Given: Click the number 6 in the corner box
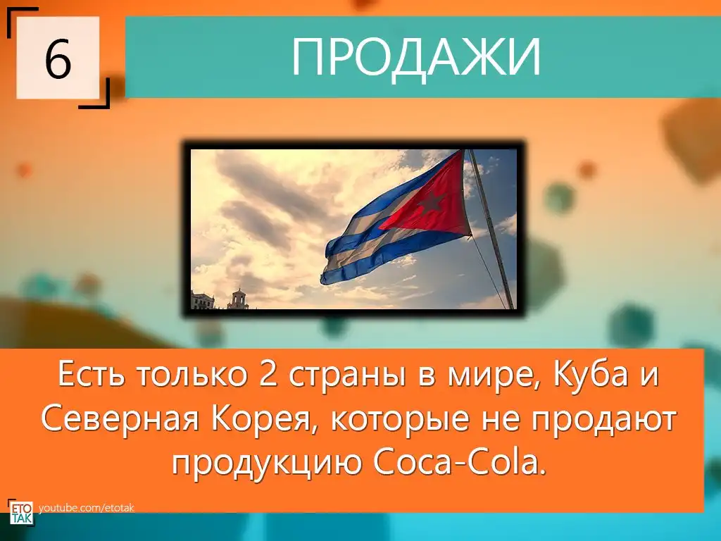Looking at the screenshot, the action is [x=58, y=59].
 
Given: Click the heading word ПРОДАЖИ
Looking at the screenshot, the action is [x=416, y=57].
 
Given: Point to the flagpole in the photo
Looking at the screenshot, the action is [x=491, y=229].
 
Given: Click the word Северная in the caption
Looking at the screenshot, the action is [x=120, y=420].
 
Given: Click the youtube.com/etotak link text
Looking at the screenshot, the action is [x=86, y=508].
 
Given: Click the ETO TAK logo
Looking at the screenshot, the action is [x=21, y=511].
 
